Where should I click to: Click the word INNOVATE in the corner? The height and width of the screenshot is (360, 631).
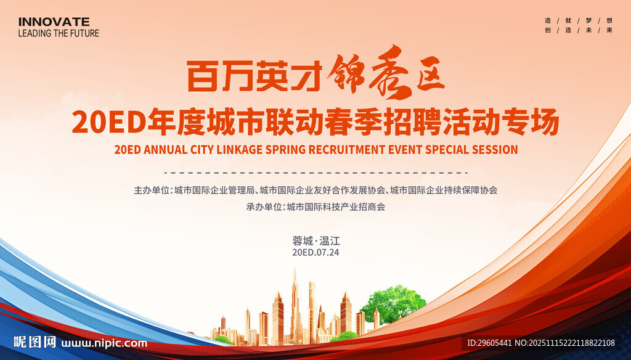(54, 22)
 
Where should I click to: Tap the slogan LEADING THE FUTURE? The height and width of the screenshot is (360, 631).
(59, 33)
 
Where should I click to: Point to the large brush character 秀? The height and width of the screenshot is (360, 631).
(388, 73)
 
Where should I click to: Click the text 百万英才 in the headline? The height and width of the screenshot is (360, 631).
(254, 76)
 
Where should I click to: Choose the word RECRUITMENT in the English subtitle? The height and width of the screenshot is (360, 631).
(347, 150)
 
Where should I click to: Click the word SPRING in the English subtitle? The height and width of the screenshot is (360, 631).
(286, 150)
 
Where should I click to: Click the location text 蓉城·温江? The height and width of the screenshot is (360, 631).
(316, 241)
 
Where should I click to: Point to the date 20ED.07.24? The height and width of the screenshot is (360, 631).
(315, 253)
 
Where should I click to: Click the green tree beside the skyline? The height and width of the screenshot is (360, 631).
(393, 305)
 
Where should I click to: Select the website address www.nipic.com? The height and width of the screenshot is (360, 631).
(104, 343)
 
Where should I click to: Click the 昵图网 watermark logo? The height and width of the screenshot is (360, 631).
(35, 342)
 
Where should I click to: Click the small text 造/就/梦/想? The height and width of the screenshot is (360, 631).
(578, 20)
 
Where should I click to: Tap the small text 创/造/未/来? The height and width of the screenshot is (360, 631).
(578, 30)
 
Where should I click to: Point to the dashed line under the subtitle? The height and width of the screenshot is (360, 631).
(316, 173)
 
